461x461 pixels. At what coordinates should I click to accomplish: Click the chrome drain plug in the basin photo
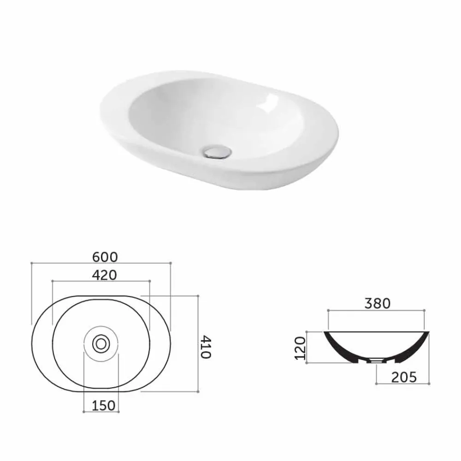point(215,151)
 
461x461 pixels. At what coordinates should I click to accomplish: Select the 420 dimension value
point(104,275)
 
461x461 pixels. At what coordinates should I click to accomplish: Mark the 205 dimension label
point(403,377)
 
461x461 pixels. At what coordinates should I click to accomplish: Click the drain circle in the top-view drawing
point(100,343)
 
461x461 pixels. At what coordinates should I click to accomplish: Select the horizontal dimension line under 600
point(101,262)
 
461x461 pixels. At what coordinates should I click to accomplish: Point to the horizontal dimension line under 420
point(101,281)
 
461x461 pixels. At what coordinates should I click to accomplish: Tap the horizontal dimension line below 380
point(376,310)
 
